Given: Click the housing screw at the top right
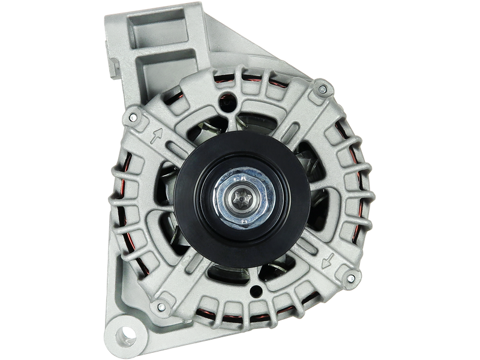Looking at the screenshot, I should (x=324, y=90).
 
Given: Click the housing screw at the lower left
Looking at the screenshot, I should (x=161, y=308).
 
